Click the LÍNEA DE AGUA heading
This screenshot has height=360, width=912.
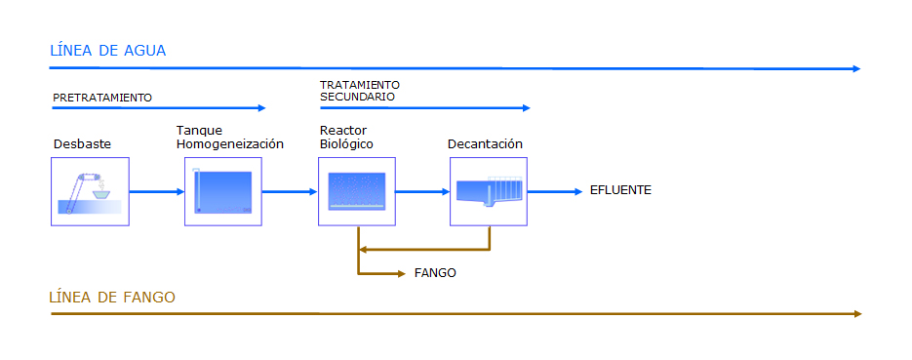(108, 51)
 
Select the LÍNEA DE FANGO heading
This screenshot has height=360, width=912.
(112, 298)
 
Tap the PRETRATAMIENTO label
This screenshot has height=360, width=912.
(102, 98)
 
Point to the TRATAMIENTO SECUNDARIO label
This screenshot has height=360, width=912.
(360, 92)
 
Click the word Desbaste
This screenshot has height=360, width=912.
(82, 143)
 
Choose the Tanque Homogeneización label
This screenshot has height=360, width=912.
(230, 138)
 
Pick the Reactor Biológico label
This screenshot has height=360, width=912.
(346, 138)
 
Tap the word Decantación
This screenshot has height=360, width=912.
(485, 143)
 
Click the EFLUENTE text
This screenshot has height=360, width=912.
(620, 190)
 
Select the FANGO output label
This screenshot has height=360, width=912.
(435, 273)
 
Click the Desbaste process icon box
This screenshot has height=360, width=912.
(90, 191)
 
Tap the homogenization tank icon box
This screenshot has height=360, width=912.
(223, 191)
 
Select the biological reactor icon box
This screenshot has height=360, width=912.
(357, 191)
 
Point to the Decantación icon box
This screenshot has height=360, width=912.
(489, 191)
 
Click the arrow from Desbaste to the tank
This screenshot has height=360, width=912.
(157, 191)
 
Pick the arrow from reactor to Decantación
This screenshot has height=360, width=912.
(423, 191)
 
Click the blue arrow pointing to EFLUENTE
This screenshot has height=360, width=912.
(555, 191)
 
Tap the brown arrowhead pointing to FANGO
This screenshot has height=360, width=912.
(401, 273)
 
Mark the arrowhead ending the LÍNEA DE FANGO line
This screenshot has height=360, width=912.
(857, 314)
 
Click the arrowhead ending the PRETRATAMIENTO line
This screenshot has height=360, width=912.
(261, 107)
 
